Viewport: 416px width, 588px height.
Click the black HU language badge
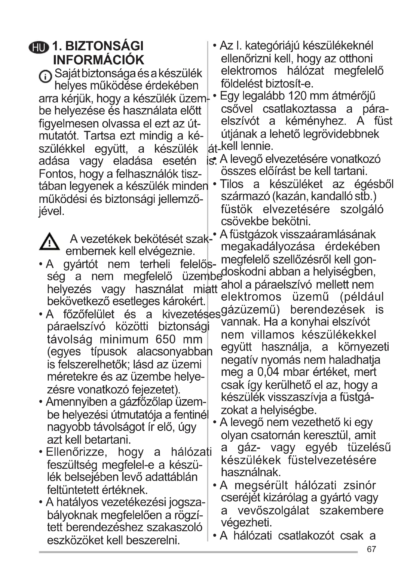(39, 48)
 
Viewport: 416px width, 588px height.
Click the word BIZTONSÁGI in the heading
(104, 46)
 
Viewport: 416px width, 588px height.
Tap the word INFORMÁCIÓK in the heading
(99, 60)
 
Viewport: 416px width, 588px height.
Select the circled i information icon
(45, 76)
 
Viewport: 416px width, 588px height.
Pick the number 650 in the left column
(165, 340)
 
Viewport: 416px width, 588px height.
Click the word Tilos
(231, 184)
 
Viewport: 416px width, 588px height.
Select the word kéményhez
(316, 121)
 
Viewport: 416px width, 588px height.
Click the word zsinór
(359, 485)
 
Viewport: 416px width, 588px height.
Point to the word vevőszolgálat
(273, 510)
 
